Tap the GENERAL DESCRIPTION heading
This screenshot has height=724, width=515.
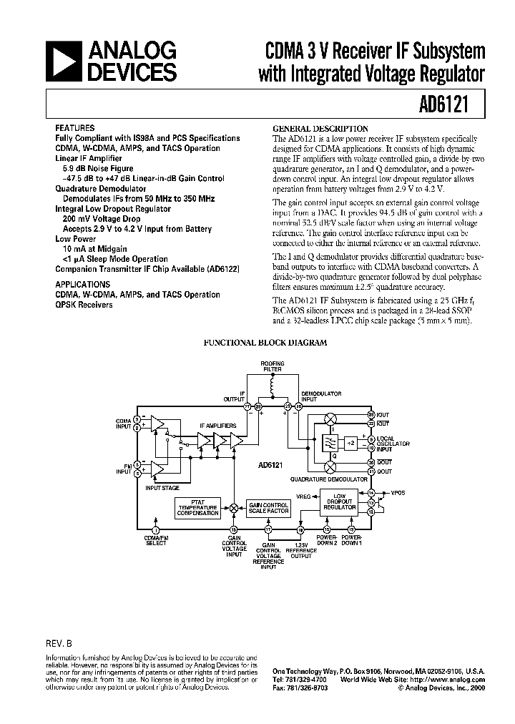[x=321, y=129]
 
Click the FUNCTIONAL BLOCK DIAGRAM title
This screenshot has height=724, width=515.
[x=265, y=343]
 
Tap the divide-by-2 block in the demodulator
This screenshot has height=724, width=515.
[x=350, y=444]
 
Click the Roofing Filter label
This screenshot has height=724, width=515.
[x=273, y=366]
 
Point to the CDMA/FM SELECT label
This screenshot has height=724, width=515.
[x=156, y=540]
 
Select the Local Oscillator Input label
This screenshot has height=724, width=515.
[x=393, y=443]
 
